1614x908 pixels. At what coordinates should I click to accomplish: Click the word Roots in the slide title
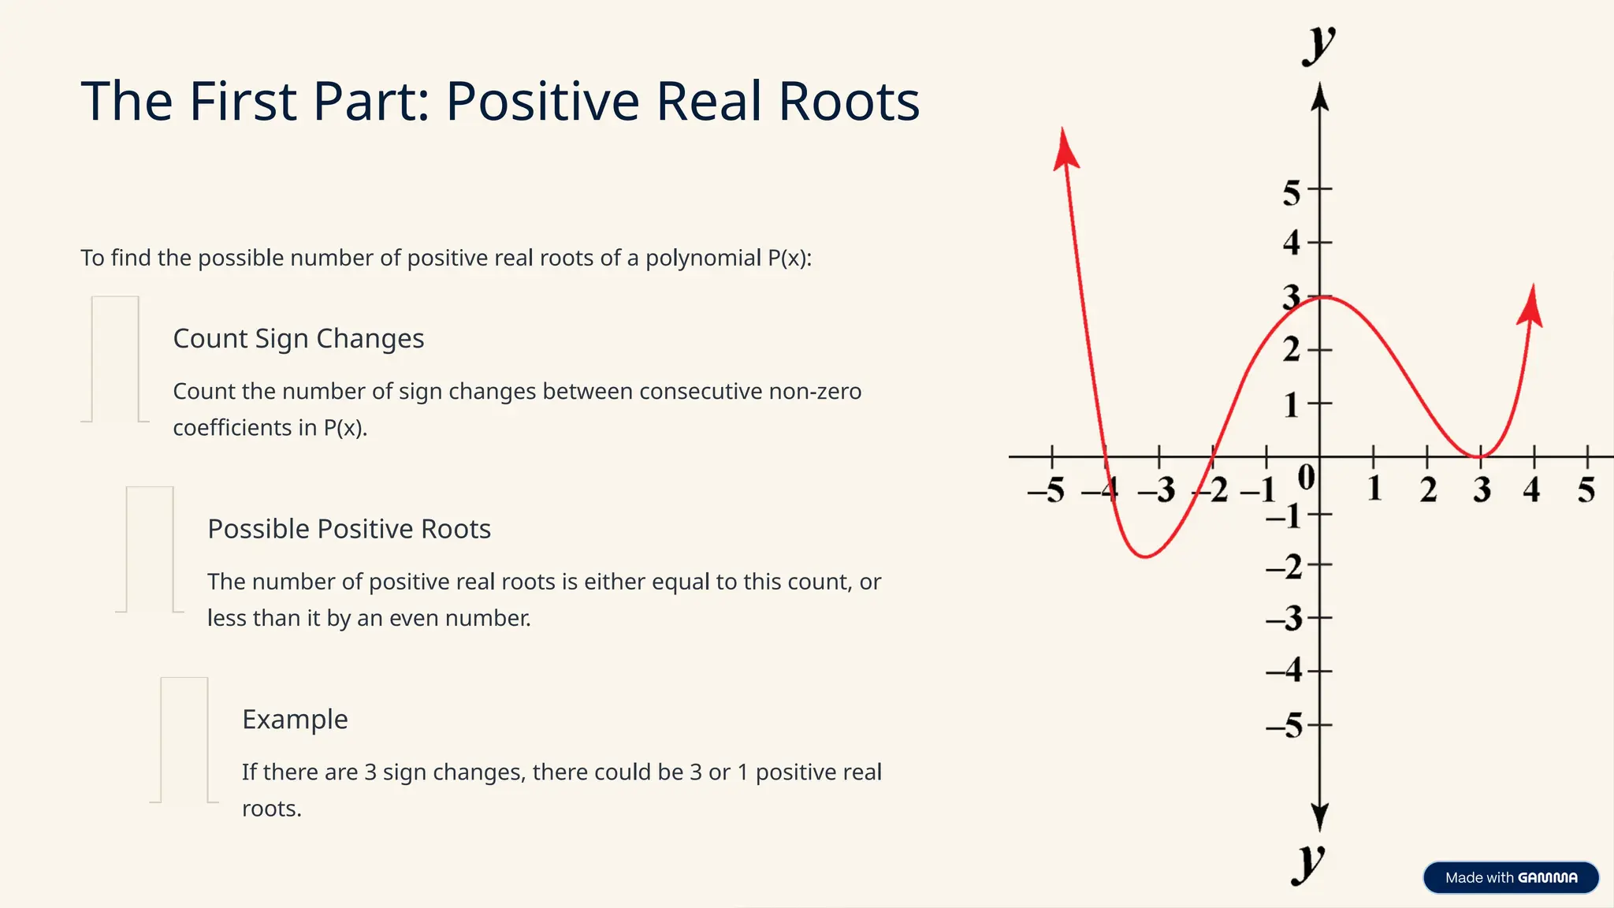[x=849, y=102]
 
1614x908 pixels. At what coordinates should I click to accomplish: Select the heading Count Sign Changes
[x=298, y=339]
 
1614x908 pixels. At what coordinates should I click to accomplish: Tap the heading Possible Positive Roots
[x=348, y=529]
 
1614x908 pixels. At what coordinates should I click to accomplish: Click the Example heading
[x=295, y=720]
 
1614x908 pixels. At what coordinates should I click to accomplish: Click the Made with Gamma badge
[x=1510, y=877]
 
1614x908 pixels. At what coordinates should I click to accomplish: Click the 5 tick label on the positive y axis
[x=1291, y=192]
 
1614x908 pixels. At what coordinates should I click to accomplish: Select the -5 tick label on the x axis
[x=1046, y=491]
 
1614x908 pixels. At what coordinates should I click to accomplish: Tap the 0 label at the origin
[x=1306, y=478]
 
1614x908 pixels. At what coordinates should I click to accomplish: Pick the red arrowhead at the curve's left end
[x=1065, y=149]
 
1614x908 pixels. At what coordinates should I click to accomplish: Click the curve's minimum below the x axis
[x=1145, y=556]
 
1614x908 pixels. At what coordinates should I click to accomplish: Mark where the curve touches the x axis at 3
[x=1480, y=456]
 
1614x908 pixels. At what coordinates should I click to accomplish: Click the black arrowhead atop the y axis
[x=1320, y=98]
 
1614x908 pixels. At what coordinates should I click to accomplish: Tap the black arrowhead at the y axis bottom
[x=1320, y=817]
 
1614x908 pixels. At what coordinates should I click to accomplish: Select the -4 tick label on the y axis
[x=1284, y=671]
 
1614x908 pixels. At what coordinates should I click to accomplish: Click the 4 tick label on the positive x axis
[x=1531, y=490]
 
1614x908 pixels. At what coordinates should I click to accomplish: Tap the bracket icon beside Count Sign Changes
[x=115, y=359]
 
